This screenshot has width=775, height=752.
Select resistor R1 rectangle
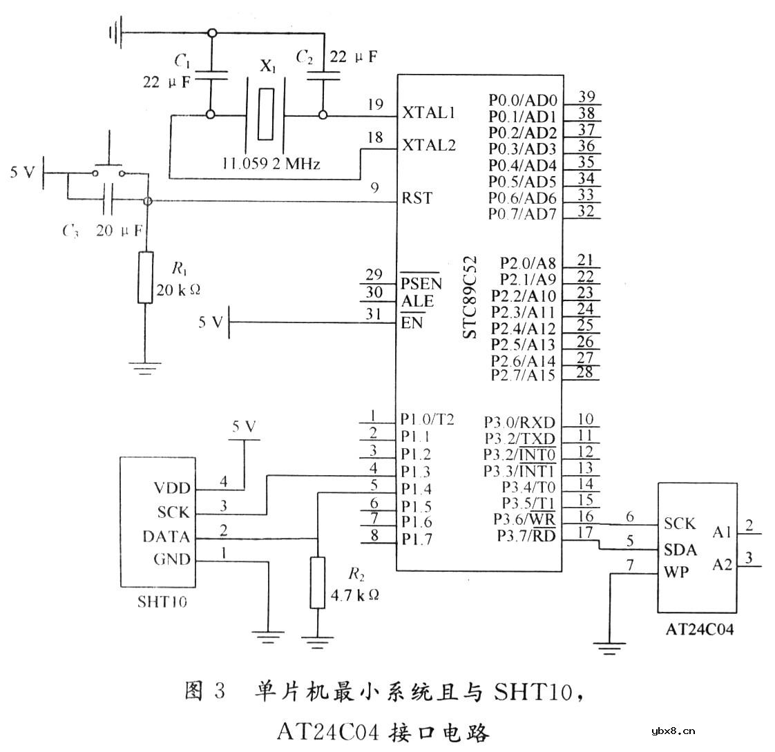[x=145, y=277]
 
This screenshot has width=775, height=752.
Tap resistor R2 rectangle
[x=317, y=583]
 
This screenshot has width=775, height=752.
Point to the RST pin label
[x=417, y=198]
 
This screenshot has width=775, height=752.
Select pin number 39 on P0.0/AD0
[x=587, y=96]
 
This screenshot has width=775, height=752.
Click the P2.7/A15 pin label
[x=523, y=375]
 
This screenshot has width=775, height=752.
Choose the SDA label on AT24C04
[x=680, y=550]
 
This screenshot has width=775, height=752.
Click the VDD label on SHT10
[x=171, y=488]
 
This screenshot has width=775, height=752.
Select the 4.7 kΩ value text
[x=356, y=594]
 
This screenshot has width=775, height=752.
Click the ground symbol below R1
[x=145, y=368]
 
